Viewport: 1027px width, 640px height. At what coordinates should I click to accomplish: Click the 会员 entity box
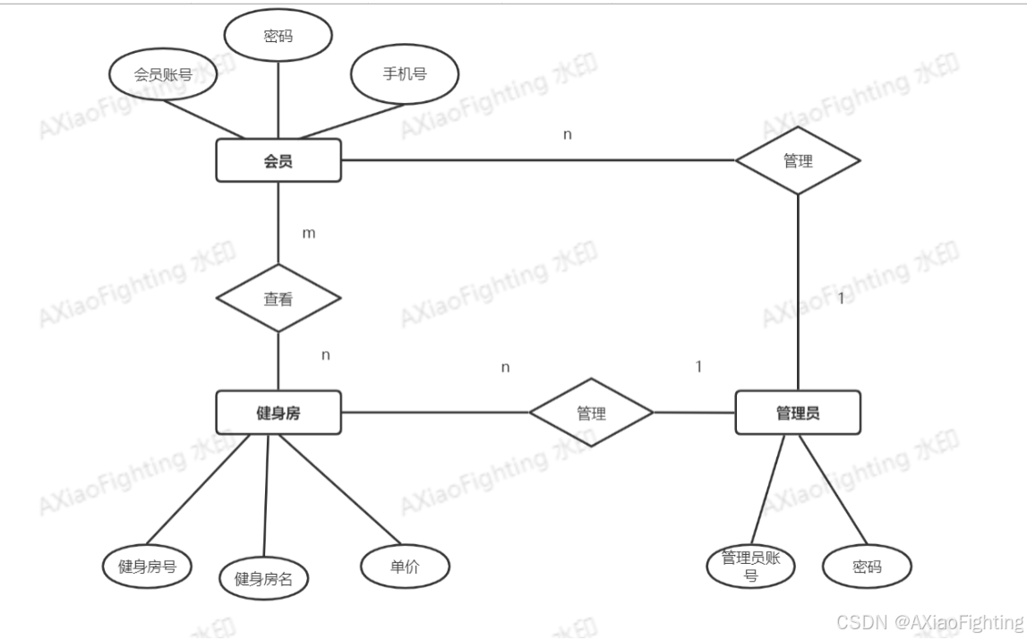278,161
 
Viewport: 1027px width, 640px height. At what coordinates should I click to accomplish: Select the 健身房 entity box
278,413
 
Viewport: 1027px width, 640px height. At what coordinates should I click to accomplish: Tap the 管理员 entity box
797,413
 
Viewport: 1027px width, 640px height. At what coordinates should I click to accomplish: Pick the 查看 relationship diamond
278,299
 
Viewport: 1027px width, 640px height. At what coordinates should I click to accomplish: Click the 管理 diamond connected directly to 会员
797,161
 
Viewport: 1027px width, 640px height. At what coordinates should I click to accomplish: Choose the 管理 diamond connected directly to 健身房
591,414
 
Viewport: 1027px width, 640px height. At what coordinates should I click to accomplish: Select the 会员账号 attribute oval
163,75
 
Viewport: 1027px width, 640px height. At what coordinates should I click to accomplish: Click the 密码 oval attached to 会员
278,38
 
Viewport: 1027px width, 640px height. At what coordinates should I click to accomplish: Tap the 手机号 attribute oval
405,73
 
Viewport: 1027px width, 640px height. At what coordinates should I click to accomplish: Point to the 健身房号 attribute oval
147,566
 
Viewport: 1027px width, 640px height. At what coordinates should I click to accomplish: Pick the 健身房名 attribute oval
263,578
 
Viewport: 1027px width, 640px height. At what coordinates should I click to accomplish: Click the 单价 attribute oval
405,566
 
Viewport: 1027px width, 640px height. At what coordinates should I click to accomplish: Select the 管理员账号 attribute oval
750,566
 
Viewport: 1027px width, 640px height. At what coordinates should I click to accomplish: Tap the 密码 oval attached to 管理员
867,567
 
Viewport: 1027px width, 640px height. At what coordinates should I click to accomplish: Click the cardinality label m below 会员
309,233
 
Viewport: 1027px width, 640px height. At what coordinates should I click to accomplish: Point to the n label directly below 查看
326,354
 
